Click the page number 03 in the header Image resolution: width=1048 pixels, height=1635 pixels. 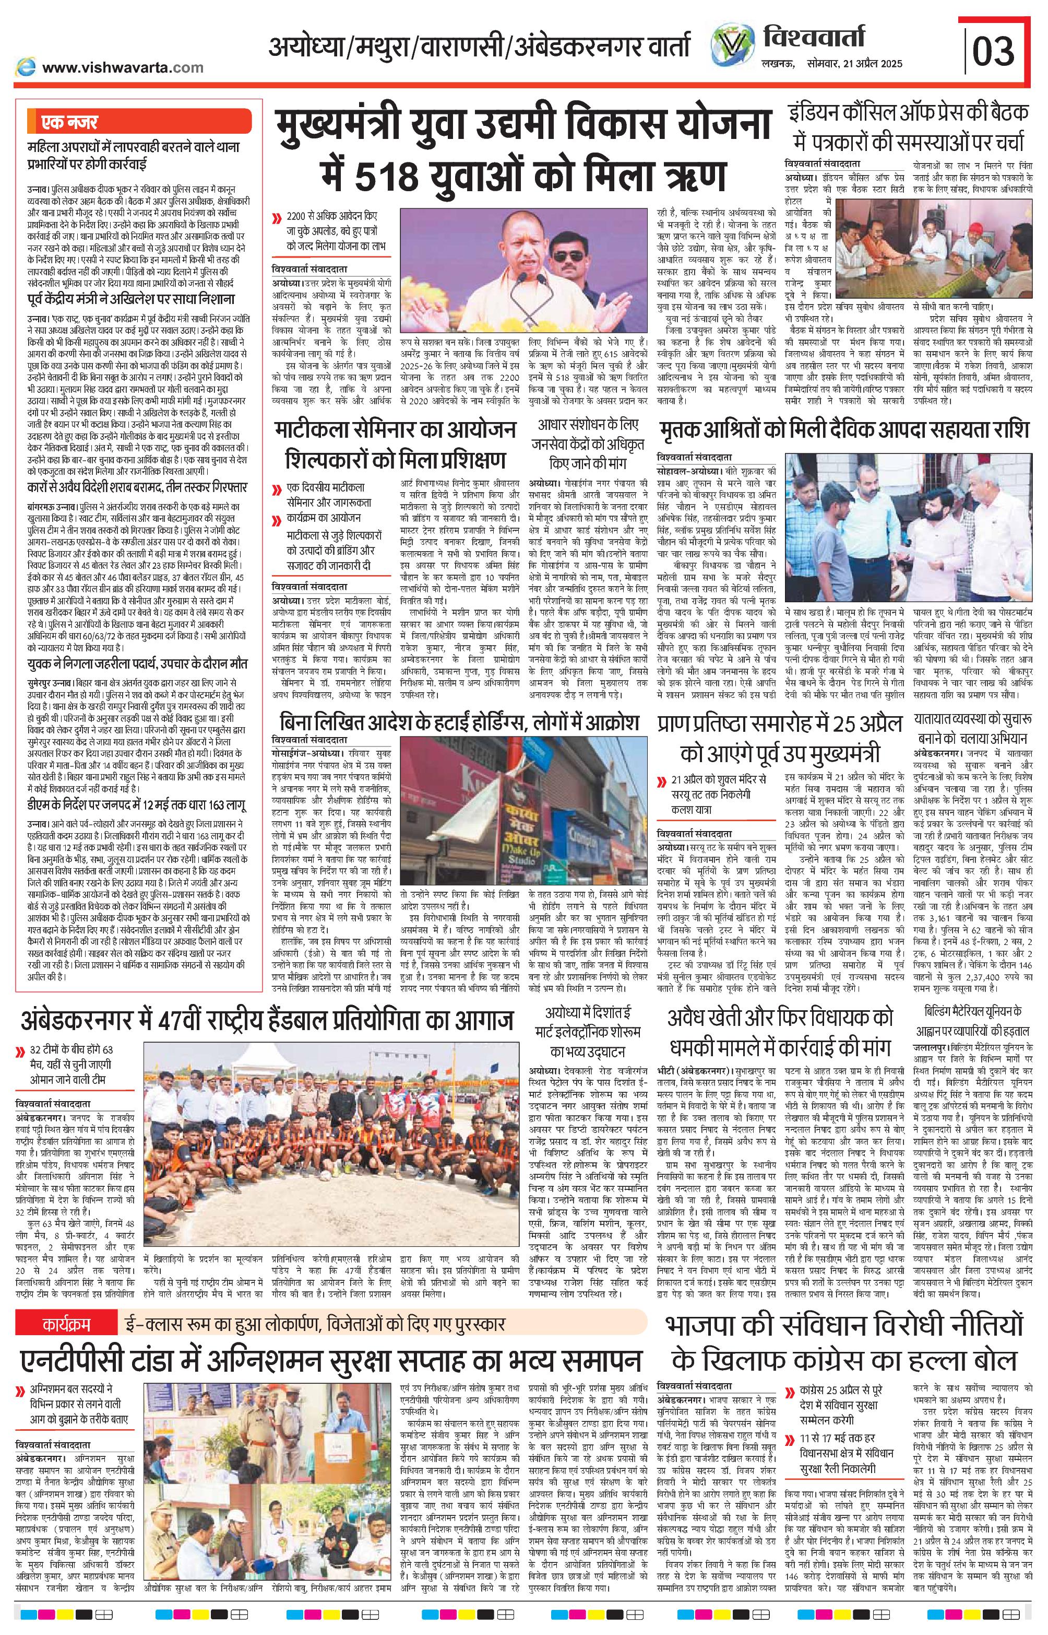pyautogui.click(x=994, y=51)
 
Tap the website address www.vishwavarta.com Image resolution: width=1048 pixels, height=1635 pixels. pyautogui.click(x=123, y=67)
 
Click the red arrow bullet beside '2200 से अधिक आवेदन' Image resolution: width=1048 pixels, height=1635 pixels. pyautogui.click(x=276, y=219)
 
